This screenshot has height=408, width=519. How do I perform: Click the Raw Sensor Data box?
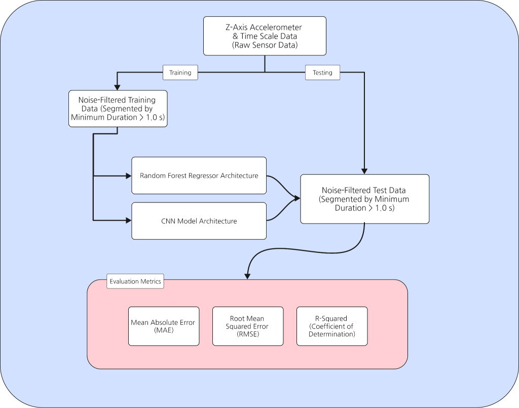click(x=265, y=36)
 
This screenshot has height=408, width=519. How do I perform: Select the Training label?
click(x=180, y=72)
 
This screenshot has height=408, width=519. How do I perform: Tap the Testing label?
click(x=322, y=72)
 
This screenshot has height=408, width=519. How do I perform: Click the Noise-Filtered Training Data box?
click(x=118, y=108)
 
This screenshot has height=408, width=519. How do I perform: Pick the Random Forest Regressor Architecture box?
click(x=199, y=175)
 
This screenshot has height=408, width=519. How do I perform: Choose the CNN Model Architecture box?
click(x=199, y=221)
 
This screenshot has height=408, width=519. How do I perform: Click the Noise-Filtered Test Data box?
click(x=365, y=199)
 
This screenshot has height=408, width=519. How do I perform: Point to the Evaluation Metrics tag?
click(x=135, y=281)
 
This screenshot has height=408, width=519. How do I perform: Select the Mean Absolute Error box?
click(x=164, y=326)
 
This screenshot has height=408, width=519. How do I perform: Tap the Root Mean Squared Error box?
click(x=248, y=326)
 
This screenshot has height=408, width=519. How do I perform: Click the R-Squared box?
click(x=332, y=326)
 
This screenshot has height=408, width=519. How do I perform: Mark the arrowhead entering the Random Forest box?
click(x=129, y=176)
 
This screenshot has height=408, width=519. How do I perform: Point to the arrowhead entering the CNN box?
click(x=129, y=220)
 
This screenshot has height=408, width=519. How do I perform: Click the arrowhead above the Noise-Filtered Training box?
click(x=117, y=87)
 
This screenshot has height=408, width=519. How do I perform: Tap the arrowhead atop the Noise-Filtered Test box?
click(x=364, y=171)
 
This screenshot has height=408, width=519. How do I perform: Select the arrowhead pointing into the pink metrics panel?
click(x=247, y=276)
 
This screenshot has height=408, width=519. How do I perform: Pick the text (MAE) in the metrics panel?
click(x=164, y=330)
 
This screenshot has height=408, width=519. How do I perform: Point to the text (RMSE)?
click(x=248, y=334)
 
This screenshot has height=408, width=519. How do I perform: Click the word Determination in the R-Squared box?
click(x=332, y=334)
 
